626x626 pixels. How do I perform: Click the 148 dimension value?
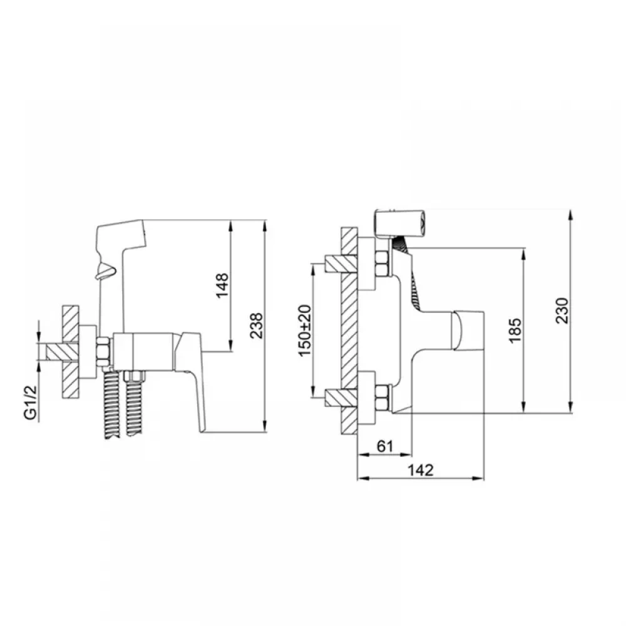point(222,285)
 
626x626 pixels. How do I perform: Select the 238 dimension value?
point(256,326)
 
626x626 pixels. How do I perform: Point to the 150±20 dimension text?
point(304,331)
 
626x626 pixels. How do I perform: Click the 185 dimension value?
point(515,330)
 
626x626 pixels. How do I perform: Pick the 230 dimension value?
point(562,310)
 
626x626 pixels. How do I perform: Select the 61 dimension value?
point(385,446)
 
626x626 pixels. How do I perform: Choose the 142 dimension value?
point(421,470)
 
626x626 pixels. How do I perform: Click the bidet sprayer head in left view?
point(122,240)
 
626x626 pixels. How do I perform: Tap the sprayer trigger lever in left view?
point(105,272)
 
